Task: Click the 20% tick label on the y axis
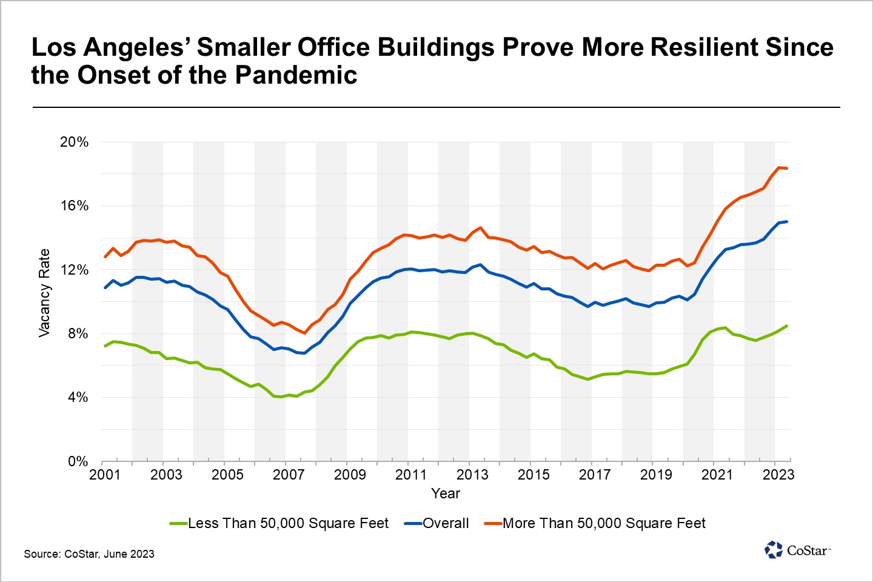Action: click(x=74, y=142)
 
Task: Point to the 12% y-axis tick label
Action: click(x=74, y=270)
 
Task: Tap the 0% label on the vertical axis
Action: click(x=78, y=461)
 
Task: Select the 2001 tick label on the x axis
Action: click(x=105, y=475)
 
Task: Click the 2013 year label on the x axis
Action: click(x=472, y=475)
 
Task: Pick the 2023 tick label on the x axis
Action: click(x=778, y=475)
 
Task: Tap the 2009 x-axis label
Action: click(x=350, y=475)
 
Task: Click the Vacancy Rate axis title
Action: click(x=44, y=293)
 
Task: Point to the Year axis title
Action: click(x=446, y=493)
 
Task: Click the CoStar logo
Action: click(x=797, y=550)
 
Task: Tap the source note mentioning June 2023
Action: click(x=89, y=554)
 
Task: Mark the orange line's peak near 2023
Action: click(x=778, y=167)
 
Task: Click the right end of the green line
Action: click(x=787, y=326)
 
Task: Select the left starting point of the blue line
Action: click(x=105, y=287)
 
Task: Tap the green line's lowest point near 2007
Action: click(x=281, y=397)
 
